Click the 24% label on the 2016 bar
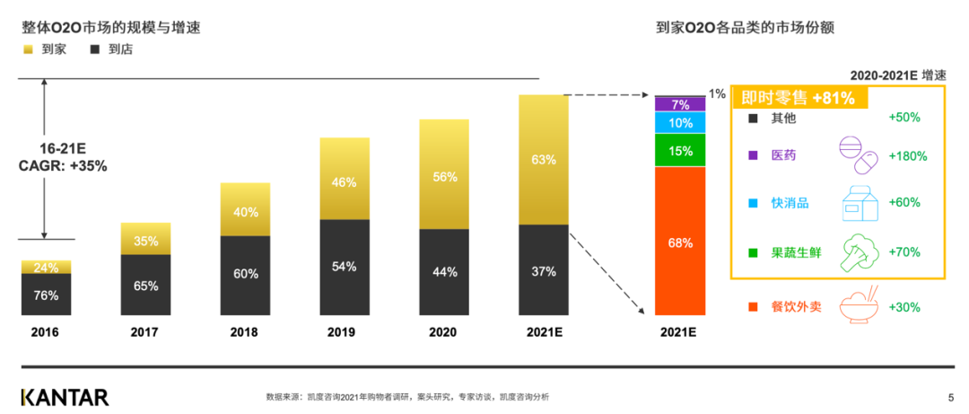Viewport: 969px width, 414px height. [46, 267]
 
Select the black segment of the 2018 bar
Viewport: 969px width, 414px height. [246, 275]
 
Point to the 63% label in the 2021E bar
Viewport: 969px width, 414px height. [544, 160]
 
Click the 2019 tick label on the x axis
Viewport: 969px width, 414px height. [345, 331]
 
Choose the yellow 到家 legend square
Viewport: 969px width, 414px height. [28, 49]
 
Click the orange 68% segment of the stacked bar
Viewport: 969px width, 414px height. [680, 241]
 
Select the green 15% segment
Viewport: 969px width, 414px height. [680, 150]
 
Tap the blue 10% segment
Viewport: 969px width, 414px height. [680, 122]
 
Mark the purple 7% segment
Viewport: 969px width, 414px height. [680, 104]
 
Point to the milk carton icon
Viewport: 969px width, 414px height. [858, 202]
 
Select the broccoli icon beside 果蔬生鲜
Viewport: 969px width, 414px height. [859, 252]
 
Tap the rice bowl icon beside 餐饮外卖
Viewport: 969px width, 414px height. [858, 305]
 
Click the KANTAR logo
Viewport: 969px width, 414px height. [65, 396]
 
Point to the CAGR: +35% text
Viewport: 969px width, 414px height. [63, 166]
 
